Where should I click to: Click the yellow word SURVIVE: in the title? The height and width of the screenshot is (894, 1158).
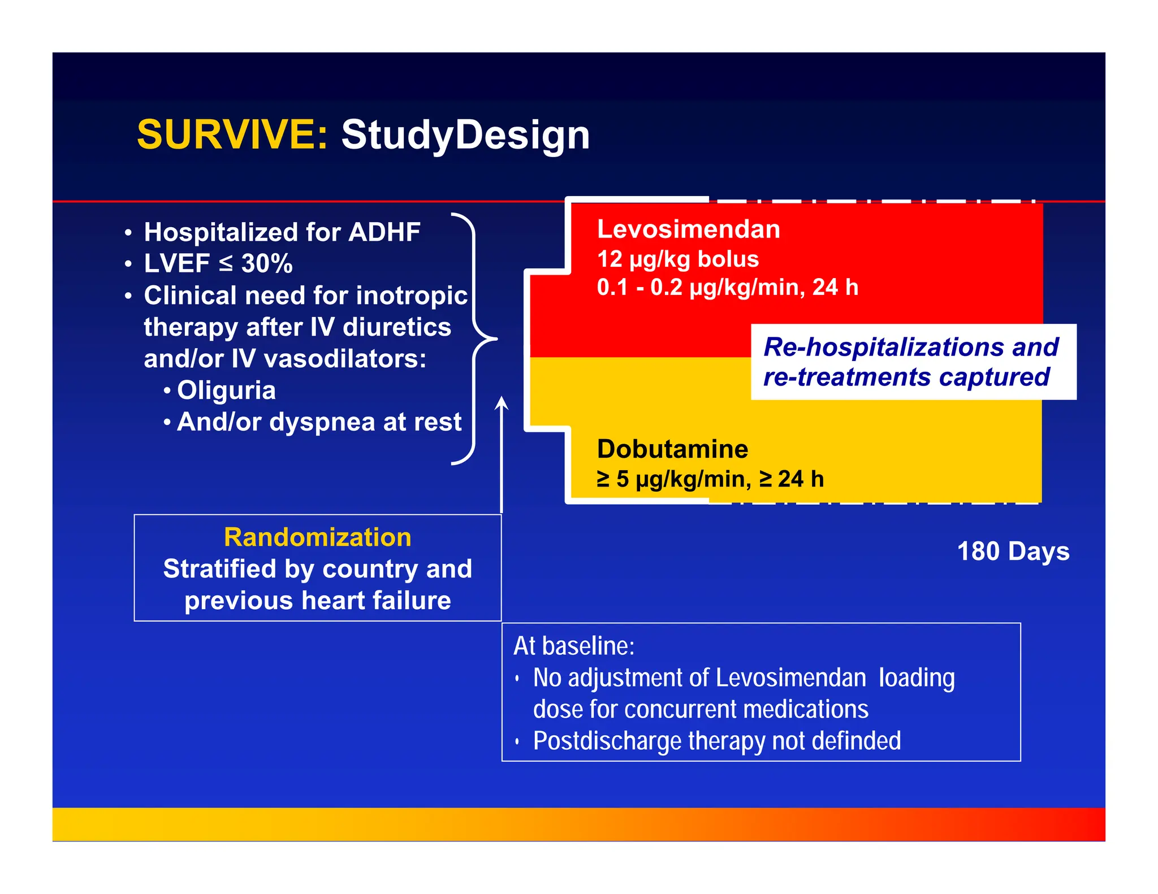coord(232,134)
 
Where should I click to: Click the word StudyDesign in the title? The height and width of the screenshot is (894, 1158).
coord(465,136)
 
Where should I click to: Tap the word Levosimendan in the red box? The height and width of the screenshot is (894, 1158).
coord(688,229)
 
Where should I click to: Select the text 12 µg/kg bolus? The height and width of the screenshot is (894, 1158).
coord(677,259)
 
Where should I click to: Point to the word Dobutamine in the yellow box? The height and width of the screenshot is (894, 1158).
coord(672,449)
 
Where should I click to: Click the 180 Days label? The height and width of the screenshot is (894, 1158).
coord(1013,551)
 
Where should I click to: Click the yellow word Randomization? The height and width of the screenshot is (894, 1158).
coord(317,537)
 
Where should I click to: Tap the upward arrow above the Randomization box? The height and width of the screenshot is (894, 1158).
coord(501,452)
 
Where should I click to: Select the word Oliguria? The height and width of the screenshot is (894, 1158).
coord(226,390)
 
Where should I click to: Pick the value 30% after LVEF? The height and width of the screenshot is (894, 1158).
coord(267,264)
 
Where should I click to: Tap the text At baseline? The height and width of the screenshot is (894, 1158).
coord(573,646)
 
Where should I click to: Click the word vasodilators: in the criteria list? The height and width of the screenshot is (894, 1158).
coord(345,359)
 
